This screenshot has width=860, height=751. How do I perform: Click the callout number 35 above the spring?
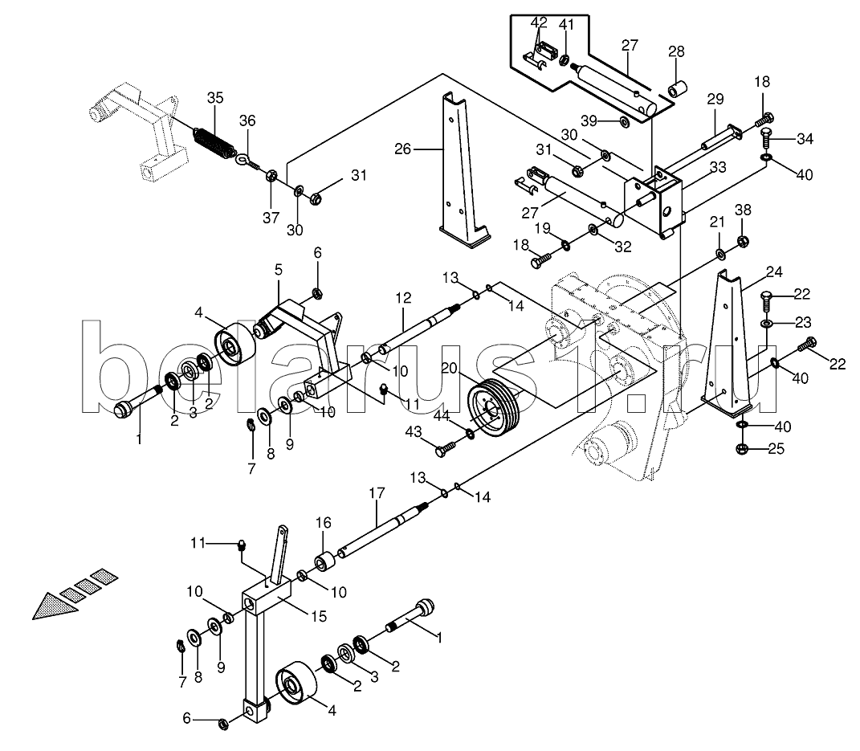[215, 98]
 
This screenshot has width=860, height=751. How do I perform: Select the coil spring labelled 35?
[214, 144]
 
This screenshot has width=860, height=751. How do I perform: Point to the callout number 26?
[402, 149]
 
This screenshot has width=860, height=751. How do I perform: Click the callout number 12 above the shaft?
[402, 299]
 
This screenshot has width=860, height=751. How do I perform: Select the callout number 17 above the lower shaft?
[377, 493]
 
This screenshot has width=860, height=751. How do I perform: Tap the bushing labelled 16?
[324, 562]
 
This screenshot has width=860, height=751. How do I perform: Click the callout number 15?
[319, 617]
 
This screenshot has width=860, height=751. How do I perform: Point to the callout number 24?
[774, 271]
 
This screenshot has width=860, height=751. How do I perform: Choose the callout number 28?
[676, 51]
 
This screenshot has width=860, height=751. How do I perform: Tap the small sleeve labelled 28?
[676, 89]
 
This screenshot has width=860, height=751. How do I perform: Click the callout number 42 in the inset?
[539, 22]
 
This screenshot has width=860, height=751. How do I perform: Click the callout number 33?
[718, 167]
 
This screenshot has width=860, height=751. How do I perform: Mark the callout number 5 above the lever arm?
[279, 269]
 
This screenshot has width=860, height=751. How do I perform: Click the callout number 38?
[744, 210]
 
